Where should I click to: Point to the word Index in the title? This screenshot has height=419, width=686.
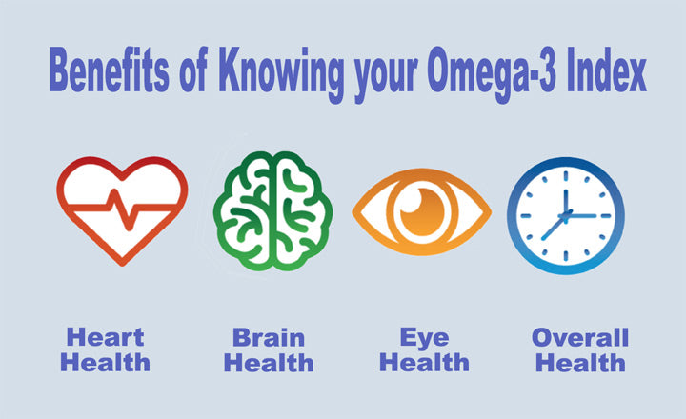[x=608, y=70]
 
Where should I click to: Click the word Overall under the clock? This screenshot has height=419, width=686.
[x=579, y=338]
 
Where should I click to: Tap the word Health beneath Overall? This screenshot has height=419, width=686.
[x=579, y=363]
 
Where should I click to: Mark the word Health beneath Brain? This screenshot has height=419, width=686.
[x=271, y=363]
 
